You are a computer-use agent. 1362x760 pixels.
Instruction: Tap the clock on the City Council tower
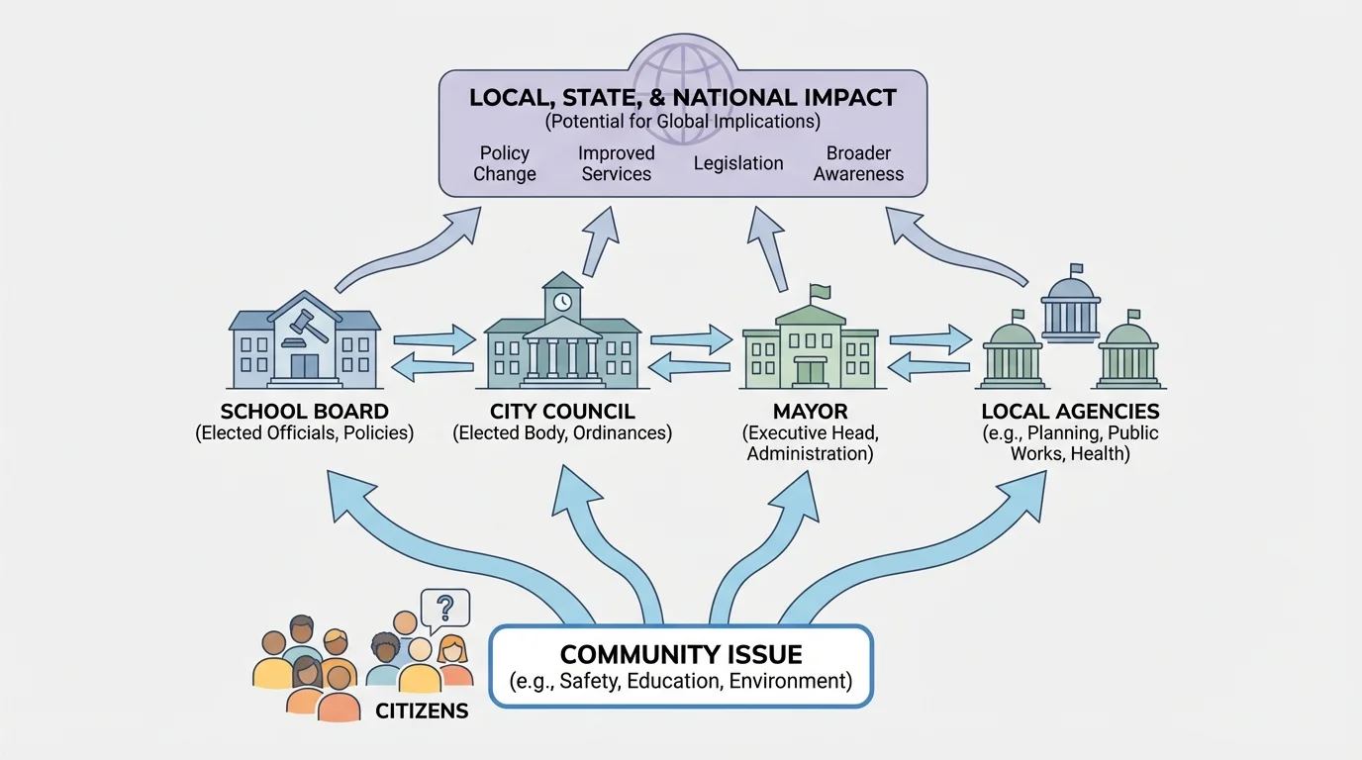[562, 301]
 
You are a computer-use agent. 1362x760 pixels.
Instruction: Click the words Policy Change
[505, 163]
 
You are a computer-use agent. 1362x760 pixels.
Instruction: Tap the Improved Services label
[617, 163]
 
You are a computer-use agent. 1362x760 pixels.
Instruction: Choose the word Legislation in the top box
[738, 163]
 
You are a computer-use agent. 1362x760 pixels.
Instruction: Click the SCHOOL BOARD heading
[305, 412]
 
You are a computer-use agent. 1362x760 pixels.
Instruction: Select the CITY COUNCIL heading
[562, 412]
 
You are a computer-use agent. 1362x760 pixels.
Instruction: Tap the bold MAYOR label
[810, 412]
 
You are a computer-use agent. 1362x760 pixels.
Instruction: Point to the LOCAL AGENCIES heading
[1070, 412]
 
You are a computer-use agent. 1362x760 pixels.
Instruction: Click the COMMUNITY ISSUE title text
[681, 654]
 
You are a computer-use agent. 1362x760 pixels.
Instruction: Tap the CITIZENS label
[422, 711]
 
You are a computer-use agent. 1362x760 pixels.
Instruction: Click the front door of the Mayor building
[810, 372]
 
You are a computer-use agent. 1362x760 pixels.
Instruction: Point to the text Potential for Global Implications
[683, 122]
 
